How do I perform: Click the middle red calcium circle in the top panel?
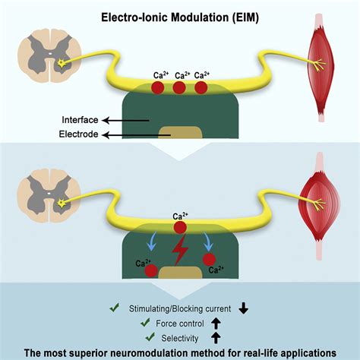click(x=179, y=88)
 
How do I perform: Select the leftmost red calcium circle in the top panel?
click(x=157, y=88)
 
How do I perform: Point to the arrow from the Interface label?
click(x=124, y=119)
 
